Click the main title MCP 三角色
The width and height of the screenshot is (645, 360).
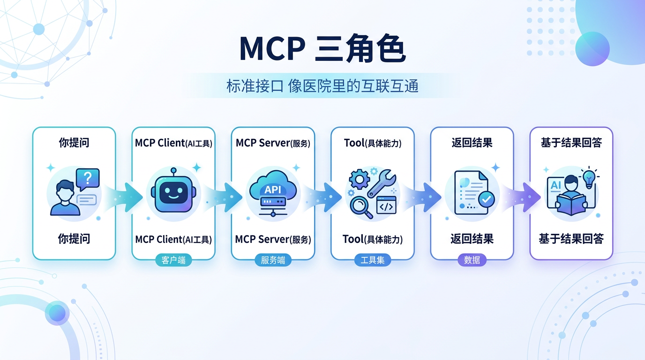tap(322, 48)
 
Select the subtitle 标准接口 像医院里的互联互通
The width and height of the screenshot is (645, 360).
tap(322, 86)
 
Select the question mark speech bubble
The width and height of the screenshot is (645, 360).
tap(89, 179)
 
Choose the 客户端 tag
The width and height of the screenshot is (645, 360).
tap(173, 260)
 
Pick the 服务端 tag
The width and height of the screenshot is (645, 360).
tap(273, 260)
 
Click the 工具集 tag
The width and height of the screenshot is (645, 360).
tap(372, 260)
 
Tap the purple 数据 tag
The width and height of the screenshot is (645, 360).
tap(472, 260)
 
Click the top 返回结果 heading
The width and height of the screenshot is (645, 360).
tap(472, 143)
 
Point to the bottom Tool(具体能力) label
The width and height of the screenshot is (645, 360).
tap(372, 240)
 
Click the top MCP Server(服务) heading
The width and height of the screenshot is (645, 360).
tap(273, 143)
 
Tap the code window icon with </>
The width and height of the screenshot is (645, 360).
tap(386, 205)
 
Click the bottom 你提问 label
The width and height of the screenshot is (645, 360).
tap(74, 239)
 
